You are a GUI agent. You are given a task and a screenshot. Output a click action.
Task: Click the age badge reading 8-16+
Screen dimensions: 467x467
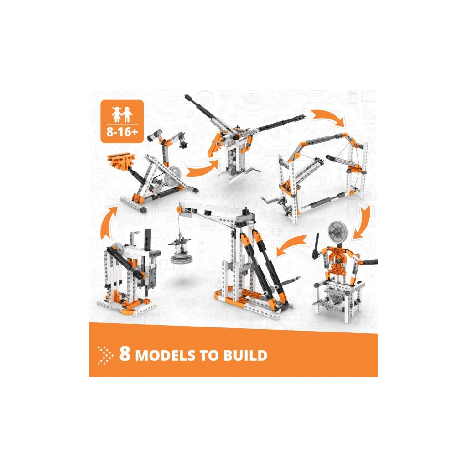122,121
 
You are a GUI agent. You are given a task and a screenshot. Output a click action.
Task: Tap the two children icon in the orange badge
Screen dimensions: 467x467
122,114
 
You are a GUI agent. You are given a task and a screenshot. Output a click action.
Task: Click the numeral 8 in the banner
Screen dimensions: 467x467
125,353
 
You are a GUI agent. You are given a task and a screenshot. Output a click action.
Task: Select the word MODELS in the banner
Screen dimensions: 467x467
165,356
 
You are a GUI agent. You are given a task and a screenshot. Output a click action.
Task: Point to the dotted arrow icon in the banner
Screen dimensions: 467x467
105,355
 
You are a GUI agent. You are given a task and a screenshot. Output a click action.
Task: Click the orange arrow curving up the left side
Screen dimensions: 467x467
108,222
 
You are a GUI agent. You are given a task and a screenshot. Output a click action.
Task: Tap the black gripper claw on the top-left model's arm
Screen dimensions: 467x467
182,145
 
